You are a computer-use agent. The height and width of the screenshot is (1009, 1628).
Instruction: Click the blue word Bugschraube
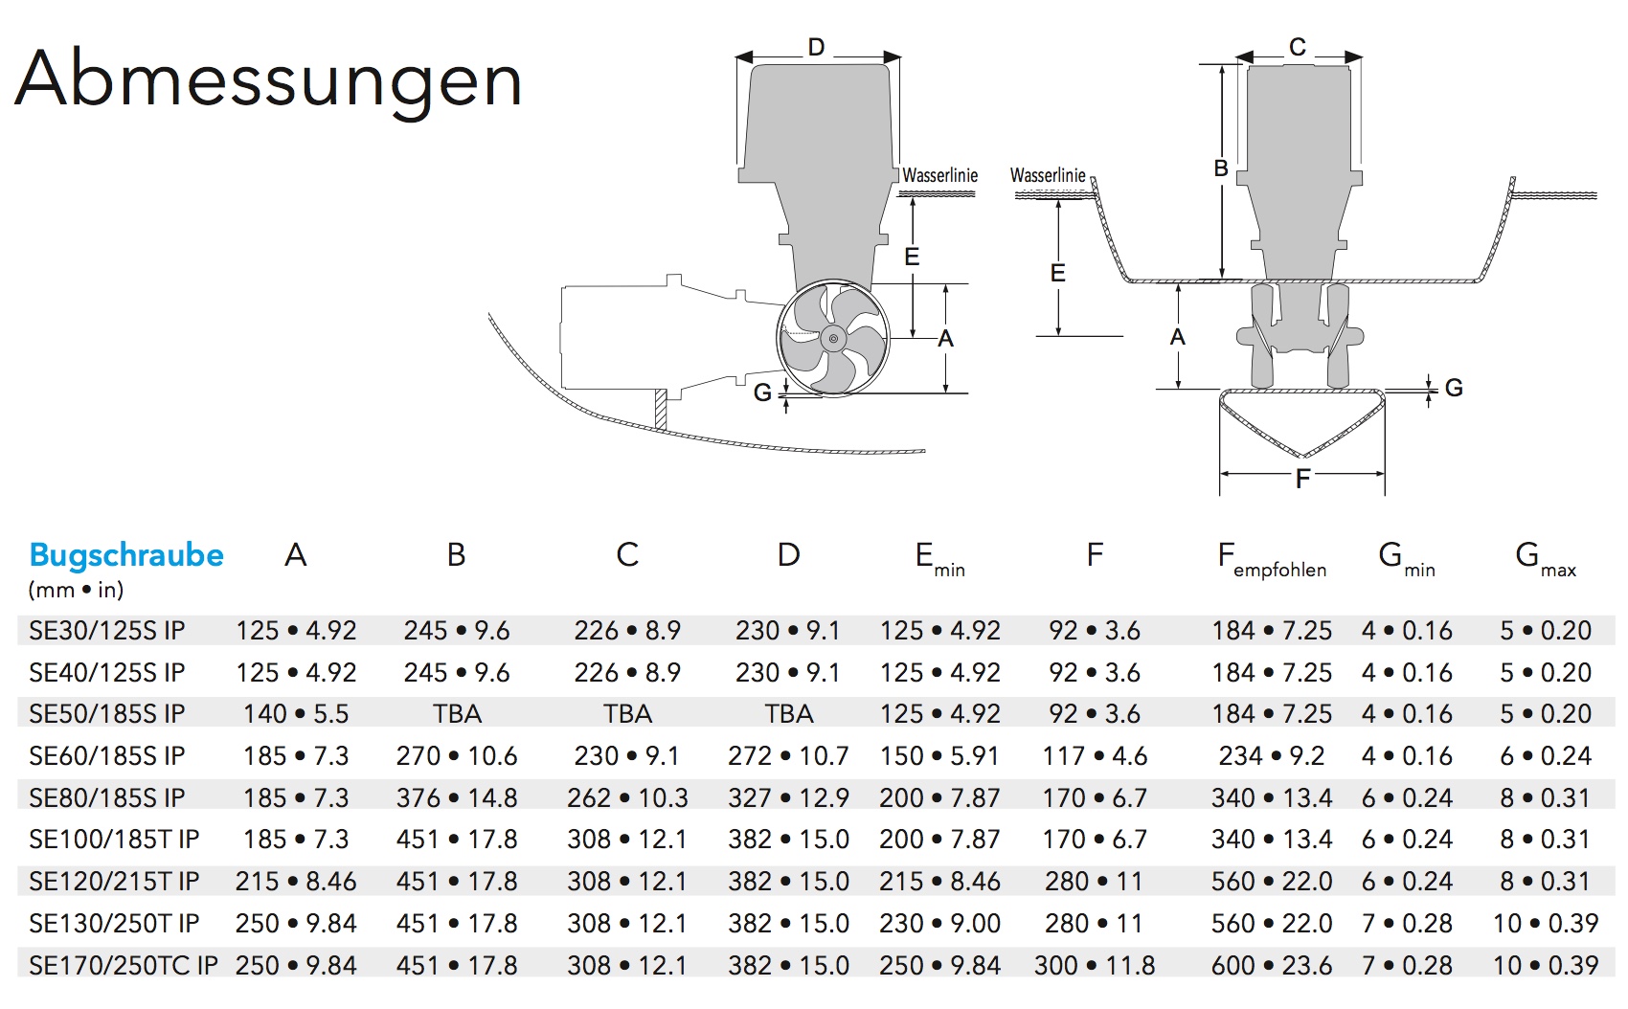[126, 555]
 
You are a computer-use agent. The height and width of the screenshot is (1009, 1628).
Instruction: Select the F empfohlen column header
[1271, 559]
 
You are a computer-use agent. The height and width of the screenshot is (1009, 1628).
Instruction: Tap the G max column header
[1545, 559]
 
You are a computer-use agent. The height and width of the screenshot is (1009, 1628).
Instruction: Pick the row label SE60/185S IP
[107, 756]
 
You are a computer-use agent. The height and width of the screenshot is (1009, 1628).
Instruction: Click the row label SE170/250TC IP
[124, 965]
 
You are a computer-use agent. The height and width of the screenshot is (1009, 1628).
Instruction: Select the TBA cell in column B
[457, 714]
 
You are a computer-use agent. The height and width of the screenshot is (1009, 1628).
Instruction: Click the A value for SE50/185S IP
[296, 714]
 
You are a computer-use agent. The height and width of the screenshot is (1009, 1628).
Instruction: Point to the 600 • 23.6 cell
[1271, 965]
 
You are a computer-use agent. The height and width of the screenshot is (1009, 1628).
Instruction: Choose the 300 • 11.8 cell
[1095, 965]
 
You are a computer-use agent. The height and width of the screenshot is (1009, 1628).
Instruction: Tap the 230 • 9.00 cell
[939, 923]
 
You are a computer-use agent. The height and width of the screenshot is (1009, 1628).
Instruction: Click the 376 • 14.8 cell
[457, 798]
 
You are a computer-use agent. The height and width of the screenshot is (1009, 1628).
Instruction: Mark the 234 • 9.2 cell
[1271, 756]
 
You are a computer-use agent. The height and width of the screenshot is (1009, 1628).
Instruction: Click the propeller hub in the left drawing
[833, 339]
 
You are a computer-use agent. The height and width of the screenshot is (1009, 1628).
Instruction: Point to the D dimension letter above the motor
[816, 48]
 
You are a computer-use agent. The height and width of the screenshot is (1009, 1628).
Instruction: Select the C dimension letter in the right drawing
[1298, 47]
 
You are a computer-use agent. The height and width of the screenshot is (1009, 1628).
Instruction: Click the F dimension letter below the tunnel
[1302, 479]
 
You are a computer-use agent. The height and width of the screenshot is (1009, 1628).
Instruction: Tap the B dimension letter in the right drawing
[1221, 168]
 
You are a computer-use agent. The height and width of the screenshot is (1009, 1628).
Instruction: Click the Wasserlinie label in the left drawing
[939, 175]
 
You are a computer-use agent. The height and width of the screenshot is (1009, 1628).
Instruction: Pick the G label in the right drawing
[1454, 388]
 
